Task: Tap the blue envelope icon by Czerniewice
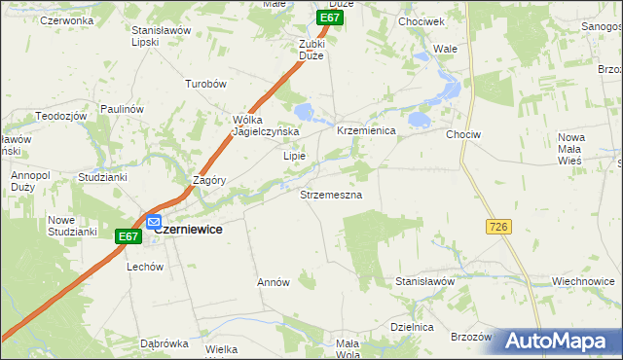(x=154, y=223)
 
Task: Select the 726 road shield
(x=498, y=226)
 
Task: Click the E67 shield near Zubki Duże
(x=331, y=18)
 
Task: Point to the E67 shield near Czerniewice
(x=128, y=236)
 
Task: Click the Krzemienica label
(x=365, y=130)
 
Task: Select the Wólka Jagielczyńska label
(x=265, y=126)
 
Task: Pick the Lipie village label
(x=294, y=156)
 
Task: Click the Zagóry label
(x=209, y=180)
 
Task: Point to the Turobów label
(x=205, y=85)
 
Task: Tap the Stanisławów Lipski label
(x=160, y=36)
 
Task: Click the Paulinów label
(x=121, y=110)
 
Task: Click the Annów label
(x=274, y=282)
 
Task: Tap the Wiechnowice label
(x=582, y=281)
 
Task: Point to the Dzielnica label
(x=411, y=327)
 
